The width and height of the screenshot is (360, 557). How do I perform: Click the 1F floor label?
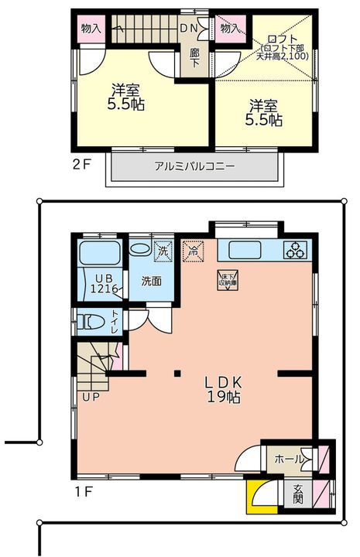click(x=84, y=490)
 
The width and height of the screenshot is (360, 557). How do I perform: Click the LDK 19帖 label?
click(x=225, y=389)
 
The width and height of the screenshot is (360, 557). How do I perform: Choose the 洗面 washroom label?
click(x=151, y=282)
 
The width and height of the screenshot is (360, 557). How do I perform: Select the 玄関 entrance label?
click(x=299, y=494)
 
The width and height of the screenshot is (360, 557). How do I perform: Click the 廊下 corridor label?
click(x=196, y=58)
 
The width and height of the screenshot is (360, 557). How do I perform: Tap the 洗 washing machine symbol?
click(x=163, y=251)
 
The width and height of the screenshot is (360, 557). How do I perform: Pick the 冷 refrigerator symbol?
click(x=193, y=249)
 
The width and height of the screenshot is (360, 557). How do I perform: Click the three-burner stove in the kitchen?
click(x=295, y=250)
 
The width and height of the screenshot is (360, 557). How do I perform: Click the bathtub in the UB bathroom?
click(x=99, y=253)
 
